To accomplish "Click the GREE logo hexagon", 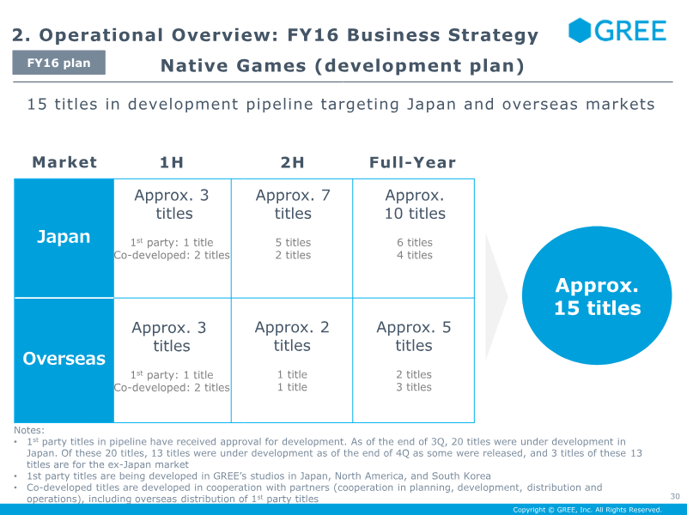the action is point(580,30).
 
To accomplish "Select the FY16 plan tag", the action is point(58,63).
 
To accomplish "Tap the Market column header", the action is point(64,162).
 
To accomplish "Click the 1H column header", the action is point(171,162).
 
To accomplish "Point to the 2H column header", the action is point(292,162).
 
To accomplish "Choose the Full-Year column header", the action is point(412,162).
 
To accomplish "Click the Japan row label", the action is point(64,237).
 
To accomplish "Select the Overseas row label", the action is point(64,358).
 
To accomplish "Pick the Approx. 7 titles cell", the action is point(293,204).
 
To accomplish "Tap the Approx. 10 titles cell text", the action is point(415,204).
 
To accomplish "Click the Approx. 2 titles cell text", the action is point(292,336).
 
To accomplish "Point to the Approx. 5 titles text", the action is point(414,336).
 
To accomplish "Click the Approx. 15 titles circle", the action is point(597,295).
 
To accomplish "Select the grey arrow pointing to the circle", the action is point(495,297).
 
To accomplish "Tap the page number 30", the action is point(675,496).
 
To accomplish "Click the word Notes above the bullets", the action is point(29,430).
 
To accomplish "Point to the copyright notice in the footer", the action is point(587,510).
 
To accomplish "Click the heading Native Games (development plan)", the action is point(342,66).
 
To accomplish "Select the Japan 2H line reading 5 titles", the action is point(293,242).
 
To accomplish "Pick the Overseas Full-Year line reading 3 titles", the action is point(414,387).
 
